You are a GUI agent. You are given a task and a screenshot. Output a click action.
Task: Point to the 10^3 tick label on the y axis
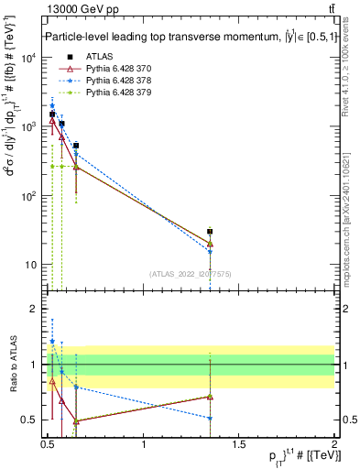(x=27, y=126)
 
